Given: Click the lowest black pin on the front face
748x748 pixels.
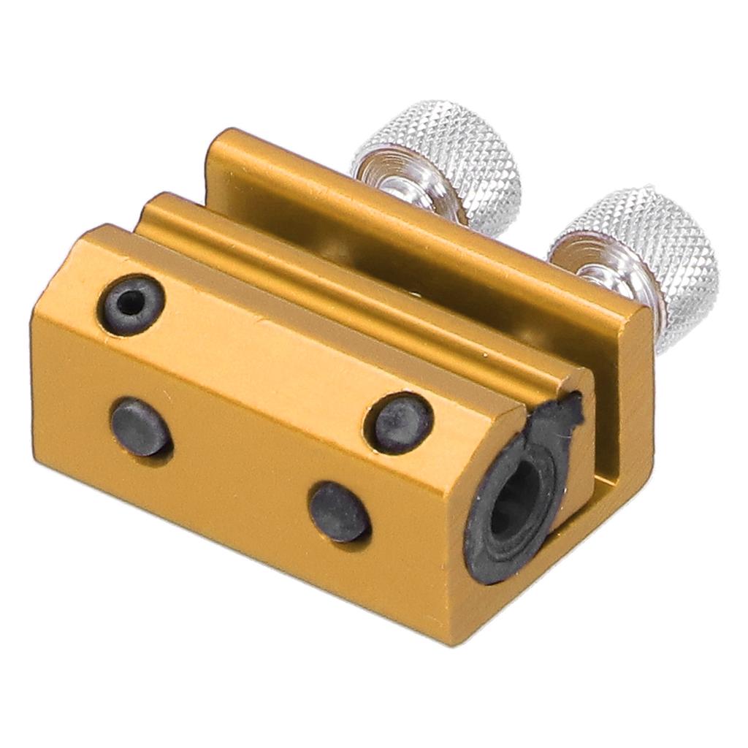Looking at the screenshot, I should point(339,511).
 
